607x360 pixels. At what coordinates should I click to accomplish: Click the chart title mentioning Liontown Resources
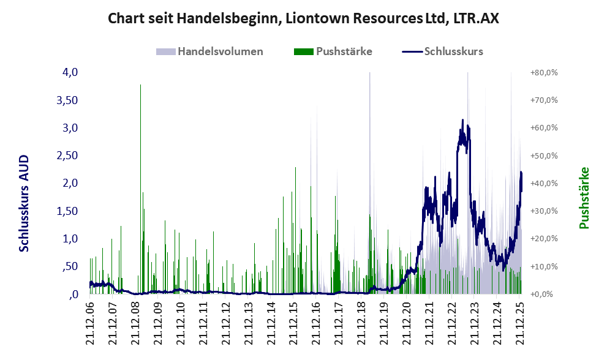303,18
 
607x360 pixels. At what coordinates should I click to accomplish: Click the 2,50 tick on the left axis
67,156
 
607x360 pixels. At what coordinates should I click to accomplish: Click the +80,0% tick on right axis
543,72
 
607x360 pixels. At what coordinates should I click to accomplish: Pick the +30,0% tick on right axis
543,211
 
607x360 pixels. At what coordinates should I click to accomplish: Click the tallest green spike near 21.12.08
141,86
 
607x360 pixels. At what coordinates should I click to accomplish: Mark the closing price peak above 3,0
462,121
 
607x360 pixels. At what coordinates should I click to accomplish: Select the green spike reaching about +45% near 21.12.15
296,168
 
